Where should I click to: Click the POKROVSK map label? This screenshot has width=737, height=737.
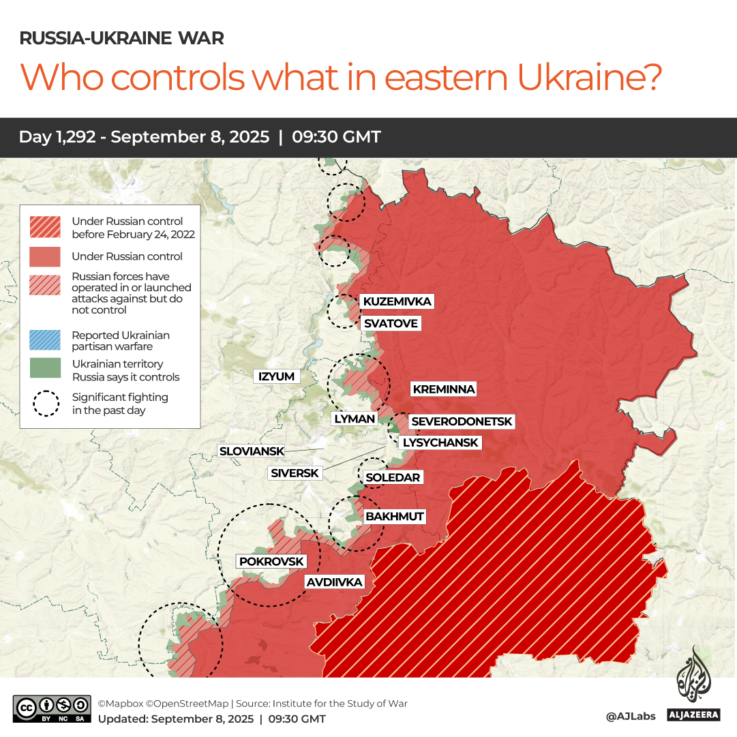click(271, 561)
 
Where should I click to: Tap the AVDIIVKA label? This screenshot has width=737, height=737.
click(334, 582)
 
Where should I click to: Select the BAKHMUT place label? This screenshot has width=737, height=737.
click(395, 516)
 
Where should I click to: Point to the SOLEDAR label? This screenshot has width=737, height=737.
click(393, 477)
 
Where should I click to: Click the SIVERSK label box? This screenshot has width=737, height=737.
click(295, 472)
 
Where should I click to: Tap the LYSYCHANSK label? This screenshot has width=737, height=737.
click(440, 442)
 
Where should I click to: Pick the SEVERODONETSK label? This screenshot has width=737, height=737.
click(461, 422)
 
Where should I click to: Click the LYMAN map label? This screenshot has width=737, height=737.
click(355, 419)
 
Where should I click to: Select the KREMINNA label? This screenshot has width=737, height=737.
click(443, 389)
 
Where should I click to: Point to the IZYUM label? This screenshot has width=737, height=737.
click(276, 376)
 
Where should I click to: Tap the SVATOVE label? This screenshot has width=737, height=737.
click(390, 323)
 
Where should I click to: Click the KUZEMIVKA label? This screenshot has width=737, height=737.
click(397, 301)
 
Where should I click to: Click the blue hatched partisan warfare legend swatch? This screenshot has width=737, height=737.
click(45, 340)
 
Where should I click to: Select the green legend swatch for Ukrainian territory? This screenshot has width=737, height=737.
click(45, 369)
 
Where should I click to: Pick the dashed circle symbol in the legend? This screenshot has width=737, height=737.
click(45, 403)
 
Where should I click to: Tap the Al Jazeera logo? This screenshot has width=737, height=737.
click(693, 685)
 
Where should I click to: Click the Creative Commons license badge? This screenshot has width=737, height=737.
click(52, 708)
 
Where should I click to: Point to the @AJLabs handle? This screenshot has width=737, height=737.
click(630, 717)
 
